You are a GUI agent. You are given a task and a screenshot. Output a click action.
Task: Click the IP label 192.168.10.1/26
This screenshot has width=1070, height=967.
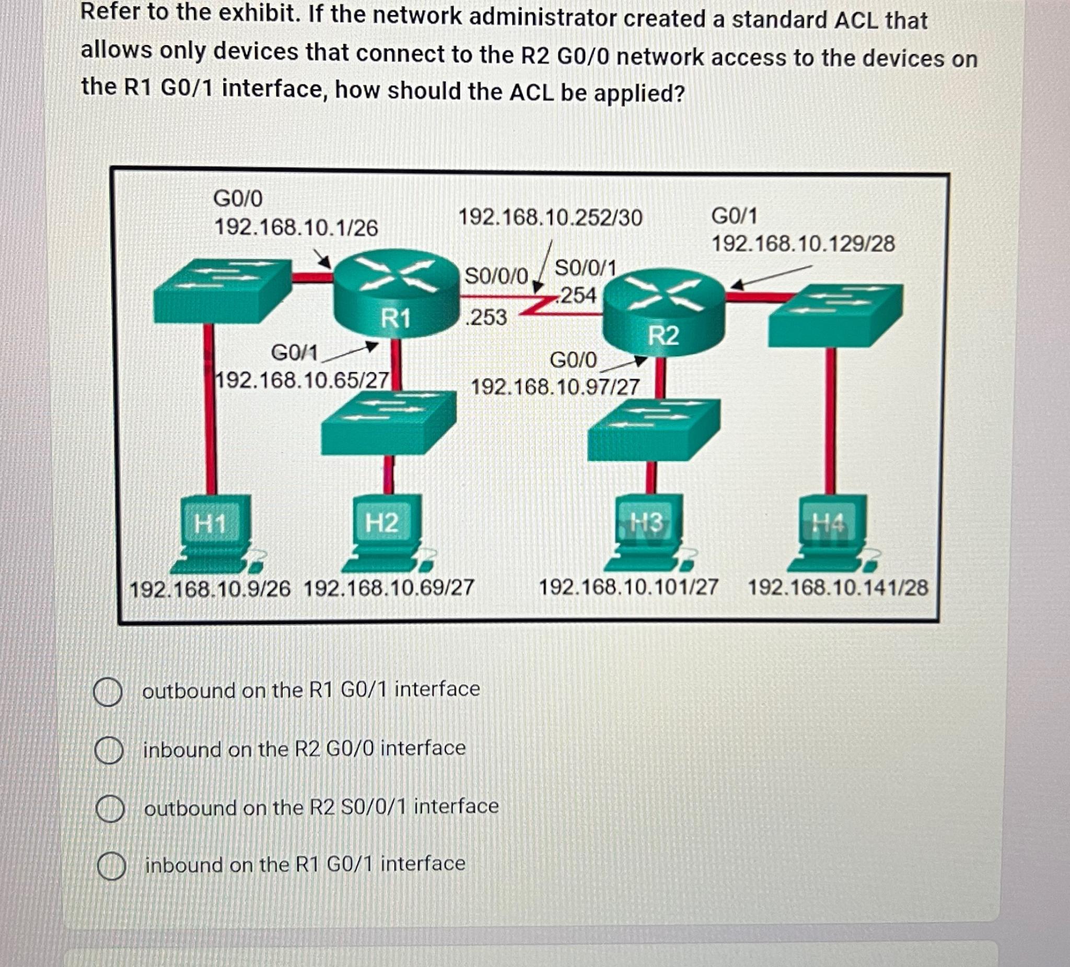click(x=296, y=228)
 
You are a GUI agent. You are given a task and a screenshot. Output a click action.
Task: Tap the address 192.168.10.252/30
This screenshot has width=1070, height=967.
click(x=550, y=218)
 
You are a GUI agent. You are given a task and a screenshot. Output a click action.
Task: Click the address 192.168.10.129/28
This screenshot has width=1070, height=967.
click(x=802, y=244)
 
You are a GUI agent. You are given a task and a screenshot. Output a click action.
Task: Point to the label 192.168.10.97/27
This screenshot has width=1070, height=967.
click(x=555, y=387)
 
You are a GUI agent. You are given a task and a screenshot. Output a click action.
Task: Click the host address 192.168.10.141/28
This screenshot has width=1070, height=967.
click(x=838, y=588)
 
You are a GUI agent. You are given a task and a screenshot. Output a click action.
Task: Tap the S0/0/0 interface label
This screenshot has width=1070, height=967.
click(x=496, y=276)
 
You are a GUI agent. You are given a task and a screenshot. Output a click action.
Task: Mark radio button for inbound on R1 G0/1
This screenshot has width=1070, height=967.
click(x=111, y=866)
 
